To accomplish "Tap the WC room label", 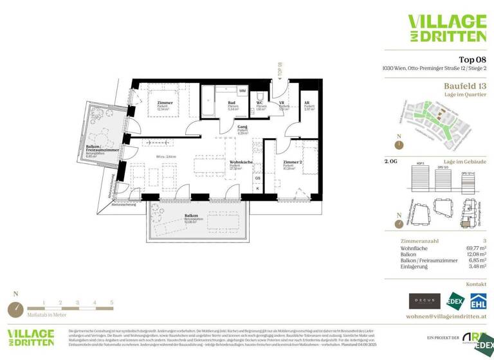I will (260, 103).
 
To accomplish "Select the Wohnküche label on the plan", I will (240, 163).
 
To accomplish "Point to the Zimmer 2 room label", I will (293, 163).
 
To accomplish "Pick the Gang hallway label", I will (224, 129).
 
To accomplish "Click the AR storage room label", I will (307, 103).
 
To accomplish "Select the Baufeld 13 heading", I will (465, 85).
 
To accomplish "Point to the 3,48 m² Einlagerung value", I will (475, 266).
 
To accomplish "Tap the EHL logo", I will (478, 300).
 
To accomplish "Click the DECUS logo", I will (425, 300).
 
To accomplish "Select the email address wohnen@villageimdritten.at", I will (446, 317).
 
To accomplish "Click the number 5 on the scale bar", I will (111, 301).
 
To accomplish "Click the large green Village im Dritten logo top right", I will (446, 28).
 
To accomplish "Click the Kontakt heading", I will (475, 283).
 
